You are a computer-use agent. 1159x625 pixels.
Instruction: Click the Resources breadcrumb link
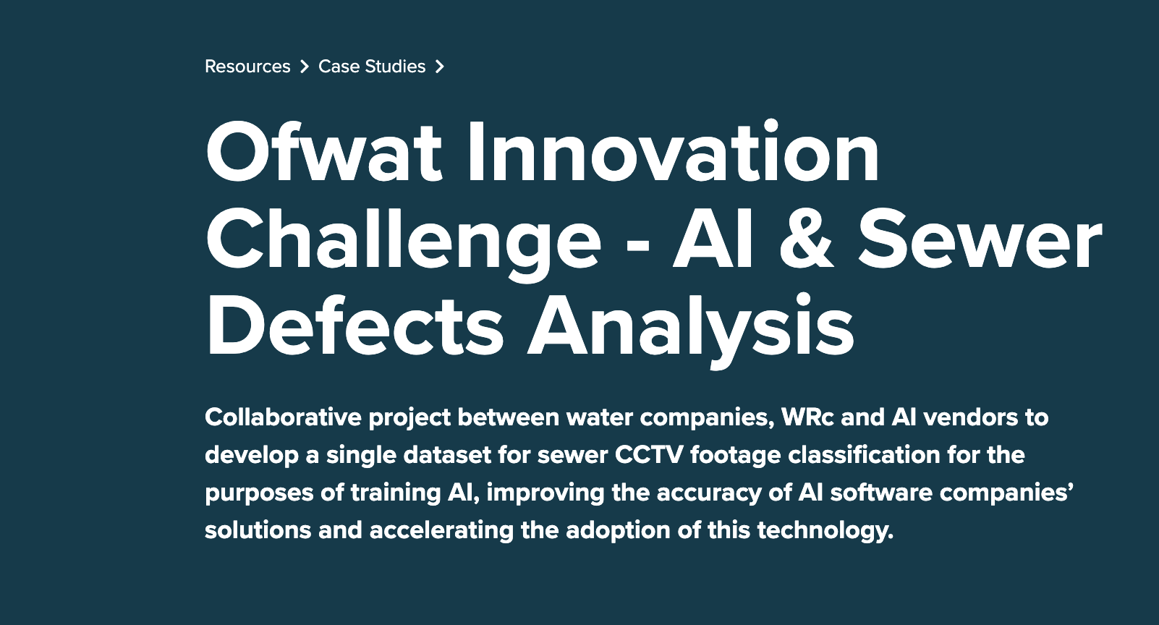(247, 67)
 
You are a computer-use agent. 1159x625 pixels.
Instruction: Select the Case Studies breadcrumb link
(371, 67)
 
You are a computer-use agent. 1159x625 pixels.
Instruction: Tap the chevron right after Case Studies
(440, 67)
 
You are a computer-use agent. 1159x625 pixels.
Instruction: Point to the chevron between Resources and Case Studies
(305, 67)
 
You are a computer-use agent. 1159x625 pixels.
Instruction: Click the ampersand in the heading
(807, 240)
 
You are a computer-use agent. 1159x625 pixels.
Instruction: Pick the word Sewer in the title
(980, 240)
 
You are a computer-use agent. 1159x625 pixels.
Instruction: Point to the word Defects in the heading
(355, 326)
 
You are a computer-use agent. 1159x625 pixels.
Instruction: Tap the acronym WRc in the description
(807, 417)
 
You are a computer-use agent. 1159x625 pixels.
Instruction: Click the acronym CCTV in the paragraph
(649, 455)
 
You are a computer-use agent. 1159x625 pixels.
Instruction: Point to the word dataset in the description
(447, 455)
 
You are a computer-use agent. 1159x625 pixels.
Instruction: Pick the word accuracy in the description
(709, 493)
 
